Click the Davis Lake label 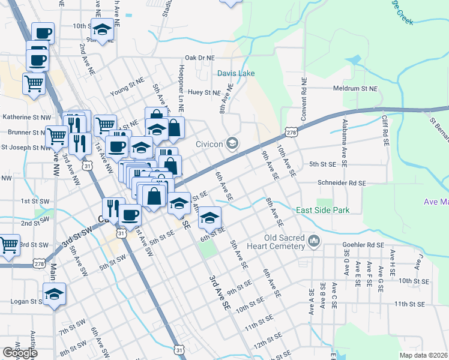[236, 73]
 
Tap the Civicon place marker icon [232, 143]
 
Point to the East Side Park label [322, 210]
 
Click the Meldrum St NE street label [356, 88]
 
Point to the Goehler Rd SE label [363, 245]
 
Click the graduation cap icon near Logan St [54, 294]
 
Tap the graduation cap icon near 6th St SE [209, 217]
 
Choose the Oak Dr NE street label [200, 58]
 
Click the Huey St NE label [204, 92]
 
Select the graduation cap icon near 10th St [102, 29]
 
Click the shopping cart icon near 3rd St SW [8, 244]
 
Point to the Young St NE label [127, 93]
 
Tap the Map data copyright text [423, 355]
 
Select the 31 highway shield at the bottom [179, 348]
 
